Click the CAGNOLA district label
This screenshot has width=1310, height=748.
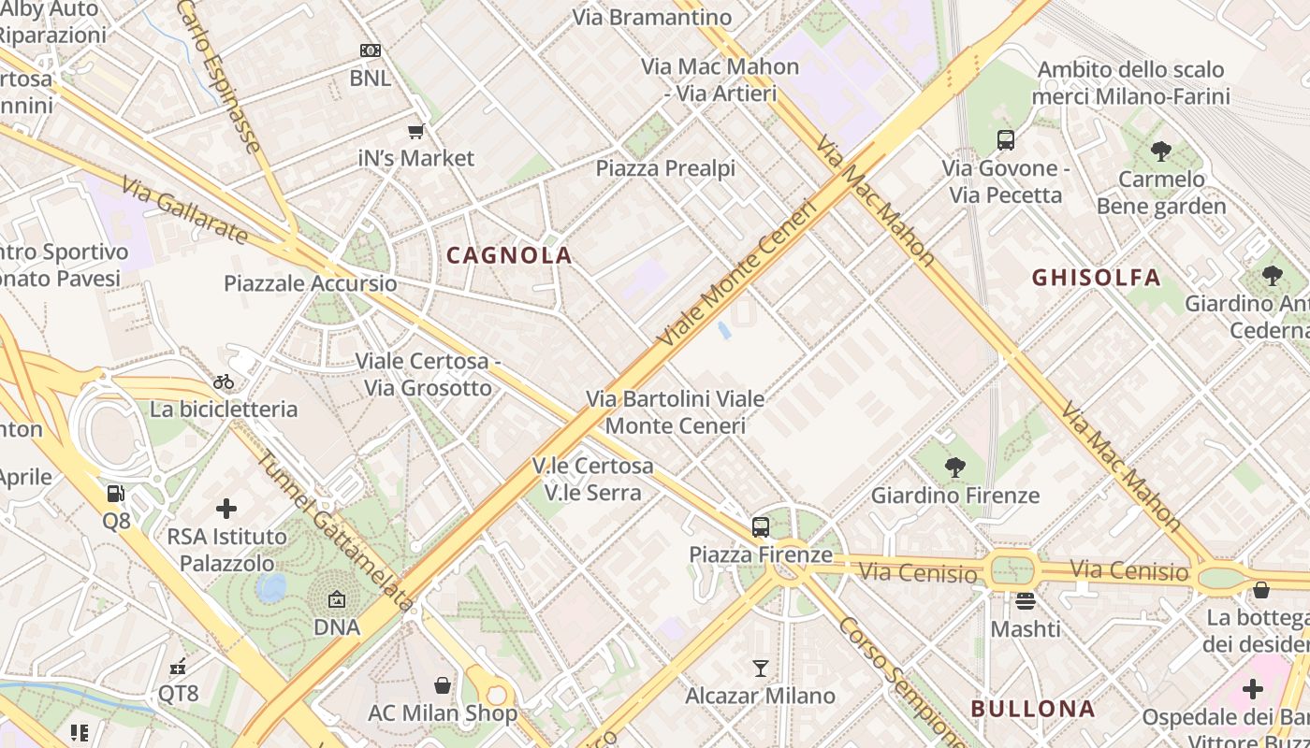pos(509,255)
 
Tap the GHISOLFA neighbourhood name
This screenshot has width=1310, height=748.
pos(1096,278)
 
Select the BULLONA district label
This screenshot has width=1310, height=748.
pos(1032,709)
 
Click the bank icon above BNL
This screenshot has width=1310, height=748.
pos(371,50)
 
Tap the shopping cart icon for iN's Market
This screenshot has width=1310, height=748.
pos(416,131)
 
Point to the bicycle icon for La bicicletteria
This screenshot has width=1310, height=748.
pos(224,381)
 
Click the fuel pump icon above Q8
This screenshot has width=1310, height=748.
pos(116,493)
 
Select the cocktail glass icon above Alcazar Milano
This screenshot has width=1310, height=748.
pos(761,668)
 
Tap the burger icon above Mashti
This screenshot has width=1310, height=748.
pos(1026,601)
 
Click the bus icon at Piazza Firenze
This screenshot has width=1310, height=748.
pos(761,526)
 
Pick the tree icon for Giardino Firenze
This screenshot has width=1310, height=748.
pos(955,467)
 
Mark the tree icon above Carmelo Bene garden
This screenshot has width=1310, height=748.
pos(1161,151)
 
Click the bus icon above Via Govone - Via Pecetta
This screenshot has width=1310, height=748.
pos(1006,140)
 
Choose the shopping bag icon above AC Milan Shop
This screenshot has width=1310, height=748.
pos(443,685)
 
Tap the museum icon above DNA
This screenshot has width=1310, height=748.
pos(337,599)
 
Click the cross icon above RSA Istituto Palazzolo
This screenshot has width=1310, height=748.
pos(226,509)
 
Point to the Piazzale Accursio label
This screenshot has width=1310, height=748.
pos(310,283)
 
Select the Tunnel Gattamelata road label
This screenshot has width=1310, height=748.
pos(334,531)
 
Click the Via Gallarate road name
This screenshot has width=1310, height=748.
pos(185,214)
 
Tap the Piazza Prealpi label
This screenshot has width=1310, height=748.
pos(665,168)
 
